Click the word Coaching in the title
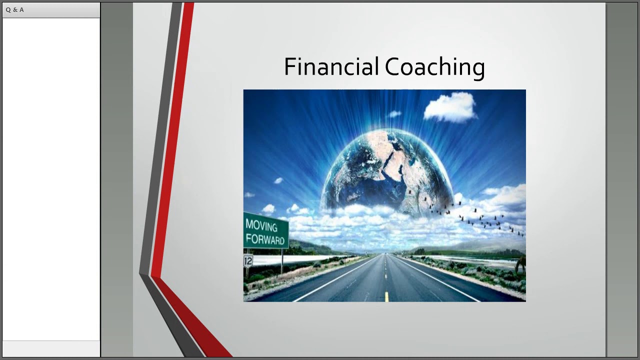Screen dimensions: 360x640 pyautogui.click(x=434, y=67)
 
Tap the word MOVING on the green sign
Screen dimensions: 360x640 pyautogui.click(x=261, y=225)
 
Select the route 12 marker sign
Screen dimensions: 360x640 pyautogui.click(x=248, y=260)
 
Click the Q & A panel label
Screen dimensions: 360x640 pyautogui.click(x=15, y=10)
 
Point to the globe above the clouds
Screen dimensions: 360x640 pyautogui.click(x=385, y=170)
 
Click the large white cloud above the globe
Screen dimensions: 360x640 pyautogui.click(x=450, y=106)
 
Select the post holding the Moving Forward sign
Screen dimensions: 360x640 pyautogui.click(x=282, y=260)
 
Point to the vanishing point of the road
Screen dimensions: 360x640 pyautogui.click(x=384, y=253)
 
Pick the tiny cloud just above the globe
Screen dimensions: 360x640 pyautogui.click(x=394, y=114)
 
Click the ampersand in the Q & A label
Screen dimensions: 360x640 pyautogui.click(x=15, y=10)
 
